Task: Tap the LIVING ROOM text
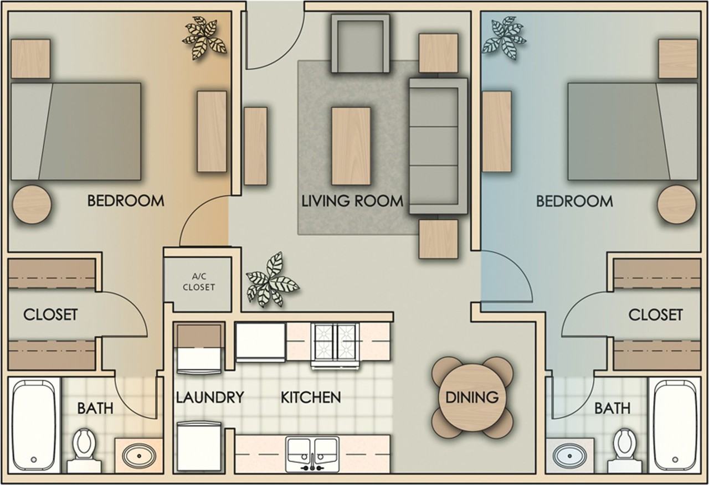352,200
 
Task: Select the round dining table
472,397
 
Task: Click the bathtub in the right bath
674,424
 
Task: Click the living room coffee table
351,146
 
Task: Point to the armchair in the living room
360,43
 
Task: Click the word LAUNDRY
210,397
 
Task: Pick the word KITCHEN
311,397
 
